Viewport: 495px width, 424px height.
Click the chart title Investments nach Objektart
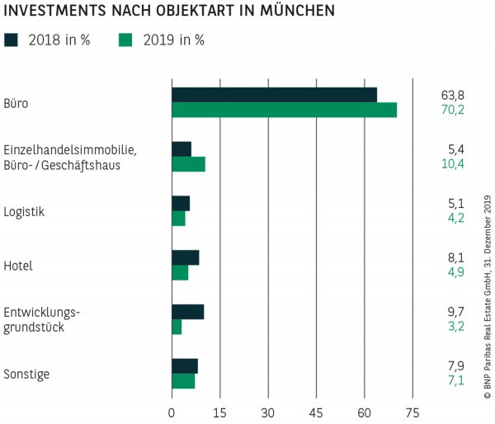[x=169, y=12]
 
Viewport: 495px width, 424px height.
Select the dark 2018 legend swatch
[x=12, y=40]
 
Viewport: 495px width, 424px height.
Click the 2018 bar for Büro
[x=274, y=95]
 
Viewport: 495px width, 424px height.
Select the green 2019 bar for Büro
[x=284, y=110]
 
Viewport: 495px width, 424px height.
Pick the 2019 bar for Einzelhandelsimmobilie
[x=188, y=163]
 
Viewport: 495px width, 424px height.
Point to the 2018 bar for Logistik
[x=181, y=203]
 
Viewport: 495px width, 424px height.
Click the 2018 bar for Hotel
[x=185, y=257]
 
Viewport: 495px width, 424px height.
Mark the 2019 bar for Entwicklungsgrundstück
[x=177, y=327]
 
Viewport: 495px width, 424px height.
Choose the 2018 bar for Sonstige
[x=185, y=365]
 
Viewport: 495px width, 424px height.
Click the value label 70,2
[x=453, y=110]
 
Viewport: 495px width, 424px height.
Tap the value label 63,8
[x=453, y=95]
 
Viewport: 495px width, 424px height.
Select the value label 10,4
[x=453, y=164]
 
